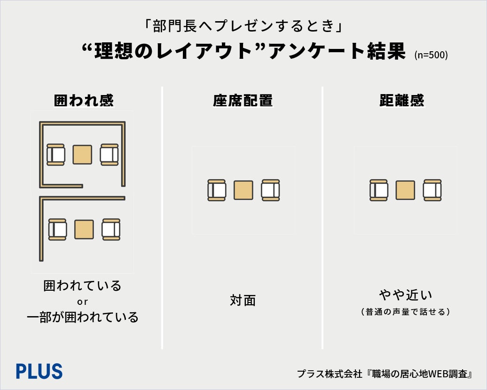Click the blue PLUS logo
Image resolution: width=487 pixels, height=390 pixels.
pos(39,372)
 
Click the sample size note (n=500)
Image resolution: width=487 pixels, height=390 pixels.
pos(431,55)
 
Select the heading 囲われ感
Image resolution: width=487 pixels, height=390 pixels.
pos(84,101)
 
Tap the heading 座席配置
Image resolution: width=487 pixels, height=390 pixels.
pos(243,101)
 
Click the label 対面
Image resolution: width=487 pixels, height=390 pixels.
pos(243,301)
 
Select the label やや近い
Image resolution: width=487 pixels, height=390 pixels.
pos(405,295)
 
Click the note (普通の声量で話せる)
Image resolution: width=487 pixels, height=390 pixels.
pos(405,311)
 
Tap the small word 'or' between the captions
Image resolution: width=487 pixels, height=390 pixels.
pos(82,302)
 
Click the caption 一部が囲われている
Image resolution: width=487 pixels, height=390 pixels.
pos(82,317)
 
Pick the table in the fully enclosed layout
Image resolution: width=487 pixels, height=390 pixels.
pos(82,154)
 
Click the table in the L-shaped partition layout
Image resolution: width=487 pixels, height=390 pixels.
pos(84,229)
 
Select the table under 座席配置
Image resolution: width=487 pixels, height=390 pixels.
pos(243,190)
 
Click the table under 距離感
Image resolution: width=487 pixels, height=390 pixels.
pos(405,190)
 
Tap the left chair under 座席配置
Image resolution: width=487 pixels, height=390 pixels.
pos(217,190)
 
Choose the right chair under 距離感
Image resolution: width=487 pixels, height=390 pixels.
pos(432,190)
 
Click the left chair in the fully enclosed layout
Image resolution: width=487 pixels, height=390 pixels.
pos(55,154)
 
